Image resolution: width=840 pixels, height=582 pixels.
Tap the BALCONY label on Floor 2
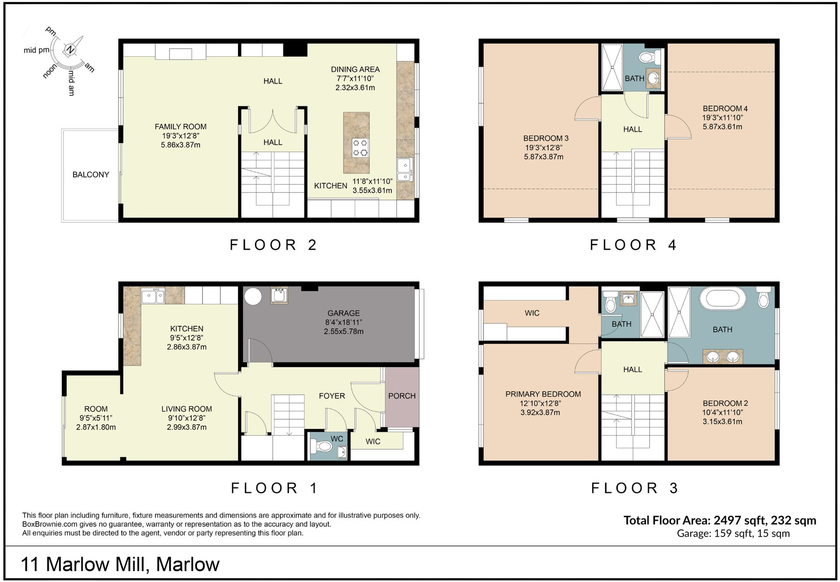91,174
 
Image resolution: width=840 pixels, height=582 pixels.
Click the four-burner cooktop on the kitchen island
360,148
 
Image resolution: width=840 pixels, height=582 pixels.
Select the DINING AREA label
355,70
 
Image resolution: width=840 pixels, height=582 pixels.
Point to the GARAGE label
343,313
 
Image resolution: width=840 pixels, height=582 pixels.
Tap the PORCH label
402,396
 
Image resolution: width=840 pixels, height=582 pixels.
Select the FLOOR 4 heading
633,245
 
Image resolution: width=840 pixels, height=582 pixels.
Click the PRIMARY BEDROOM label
543,394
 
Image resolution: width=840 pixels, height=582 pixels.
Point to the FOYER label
332,396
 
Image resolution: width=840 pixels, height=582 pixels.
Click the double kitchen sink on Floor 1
153,296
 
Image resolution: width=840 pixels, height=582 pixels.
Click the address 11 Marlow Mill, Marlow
120,564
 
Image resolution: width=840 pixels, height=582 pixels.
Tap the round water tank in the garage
253,296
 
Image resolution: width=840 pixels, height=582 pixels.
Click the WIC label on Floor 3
532,313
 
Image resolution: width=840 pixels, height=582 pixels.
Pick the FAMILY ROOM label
180,127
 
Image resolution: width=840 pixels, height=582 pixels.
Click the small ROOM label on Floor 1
96,409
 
